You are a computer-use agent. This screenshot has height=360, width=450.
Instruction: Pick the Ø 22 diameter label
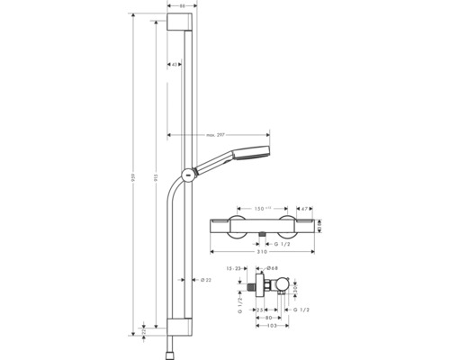click(205, 280)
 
